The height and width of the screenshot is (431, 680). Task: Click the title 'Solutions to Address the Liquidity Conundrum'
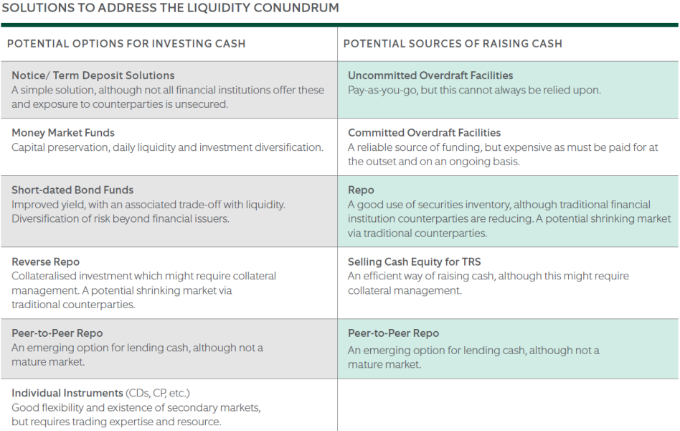[x=171, y=8]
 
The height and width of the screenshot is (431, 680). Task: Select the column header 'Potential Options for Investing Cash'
[x=126, y=44]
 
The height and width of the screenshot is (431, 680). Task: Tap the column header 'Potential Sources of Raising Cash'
[x=453, y=44]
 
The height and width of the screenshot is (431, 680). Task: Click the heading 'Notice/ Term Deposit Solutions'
[x=93, y=75]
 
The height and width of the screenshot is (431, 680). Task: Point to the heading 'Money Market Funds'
[x=63, y=133]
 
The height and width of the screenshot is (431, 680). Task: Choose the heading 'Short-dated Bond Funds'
[x=72, y=190]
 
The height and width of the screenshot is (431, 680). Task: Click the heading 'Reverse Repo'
[x=45, y=262]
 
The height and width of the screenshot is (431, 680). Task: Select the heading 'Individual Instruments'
[x=67, y=393]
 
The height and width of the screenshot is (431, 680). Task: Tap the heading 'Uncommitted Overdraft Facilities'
[x=430, y=75]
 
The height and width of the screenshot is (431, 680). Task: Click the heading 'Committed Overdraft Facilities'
[x=424, y=133]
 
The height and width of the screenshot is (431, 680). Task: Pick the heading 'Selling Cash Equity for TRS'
[x=414, y=262]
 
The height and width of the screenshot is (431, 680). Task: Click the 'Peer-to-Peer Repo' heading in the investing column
[x=57, y=333]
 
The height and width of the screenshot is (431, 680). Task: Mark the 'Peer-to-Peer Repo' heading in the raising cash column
[x=393, y=333]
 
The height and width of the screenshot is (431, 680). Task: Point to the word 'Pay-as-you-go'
[x=382, y=91]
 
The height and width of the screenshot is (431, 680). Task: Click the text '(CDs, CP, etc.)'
[x=158, y=393]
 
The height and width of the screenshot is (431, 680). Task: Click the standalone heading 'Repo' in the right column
[x=361, y=190]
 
